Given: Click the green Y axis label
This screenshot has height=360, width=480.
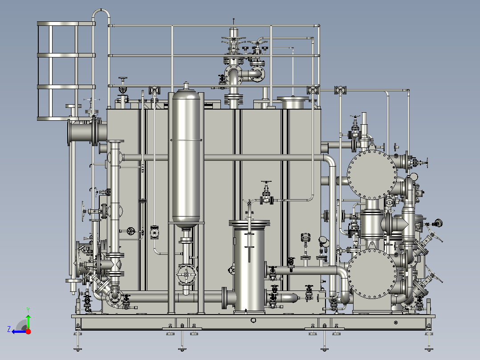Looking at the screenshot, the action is click(x=28, y=310).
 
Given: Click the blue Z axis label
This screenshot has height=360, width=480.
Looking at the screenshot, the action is click(x=9, y=329).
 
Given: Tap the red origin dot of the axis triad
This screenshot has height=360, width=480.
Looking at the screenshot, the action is click(x=28, y=331).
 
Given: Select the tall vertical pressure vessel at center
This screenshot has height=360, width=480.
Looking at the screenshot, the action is click(x=186, y=156).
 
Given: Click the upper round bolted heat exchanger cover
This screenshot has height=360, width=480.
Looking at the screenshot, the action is click(x=372, y=175).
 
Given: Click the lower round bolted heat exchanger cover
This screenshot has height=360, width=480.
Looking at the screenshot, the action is click(x=372, y=274).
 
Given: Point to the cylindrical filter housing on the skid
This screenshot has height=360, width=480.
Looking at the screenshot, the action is click(x=249, y=266).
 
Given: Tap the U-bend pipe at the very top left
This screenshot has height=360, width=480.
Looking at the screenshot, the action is click(x=101, y=12).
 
